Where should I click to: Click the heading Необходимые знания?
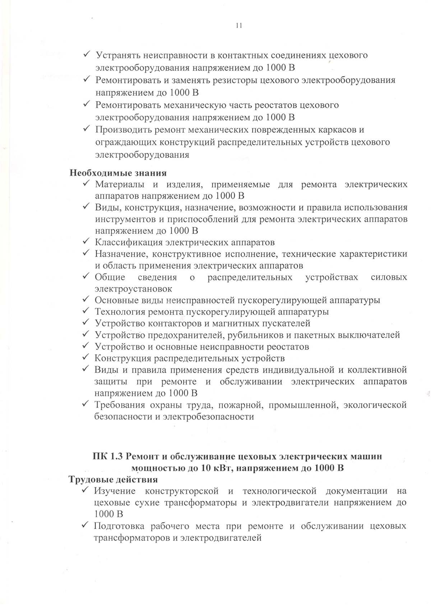point(118,173)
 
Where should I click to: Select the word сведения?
point(157,277)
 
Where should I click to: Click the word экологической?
point(375,405)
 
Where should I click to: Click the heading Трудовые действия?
point(113,480)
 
